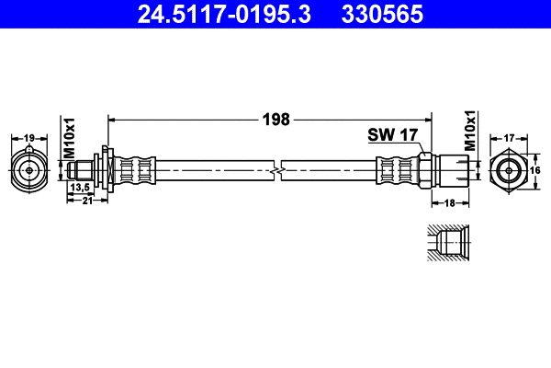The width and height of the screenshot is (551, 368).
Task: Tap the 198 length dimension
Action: click(275, 119)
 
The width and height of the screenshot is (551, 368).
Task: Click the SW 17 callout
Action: click(393, 134)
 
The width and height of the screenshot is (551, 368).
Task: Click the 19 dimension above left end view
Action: click(29, 138)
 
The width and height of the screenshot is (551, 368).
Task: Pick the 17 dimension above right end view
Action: click(508, 138)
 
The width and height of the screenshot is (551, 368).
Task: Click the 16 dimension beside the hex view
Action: click(536, 170)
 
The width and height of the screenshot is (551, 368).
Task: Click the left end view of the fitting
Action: click(29, 170)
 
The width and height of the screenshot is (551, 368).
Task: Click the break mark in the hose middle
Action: click(277, 170)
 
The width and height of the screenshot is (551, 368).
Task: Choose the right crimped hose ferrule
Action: click(397, 170)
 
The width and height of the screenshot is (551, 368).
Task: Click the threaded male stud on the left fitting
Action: click(84, 170)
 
